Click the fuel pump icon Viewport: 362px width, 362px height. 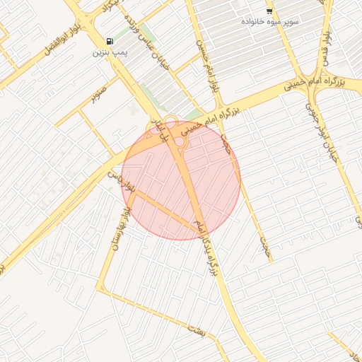click(109, 41)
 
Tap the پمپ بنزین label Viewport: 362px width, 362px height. click(110, 52)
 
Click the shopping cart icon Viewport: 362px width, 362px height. click(269, 11)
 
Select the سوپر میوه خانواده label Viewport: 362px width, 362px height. click(271, 22)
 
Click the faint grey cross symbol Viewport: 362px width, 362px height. click(134, 109)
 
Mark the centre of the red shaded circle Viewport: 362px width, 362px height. click(182, 180)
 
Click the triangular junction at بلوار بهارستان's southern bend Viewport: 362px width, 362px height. click(103, 287)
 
